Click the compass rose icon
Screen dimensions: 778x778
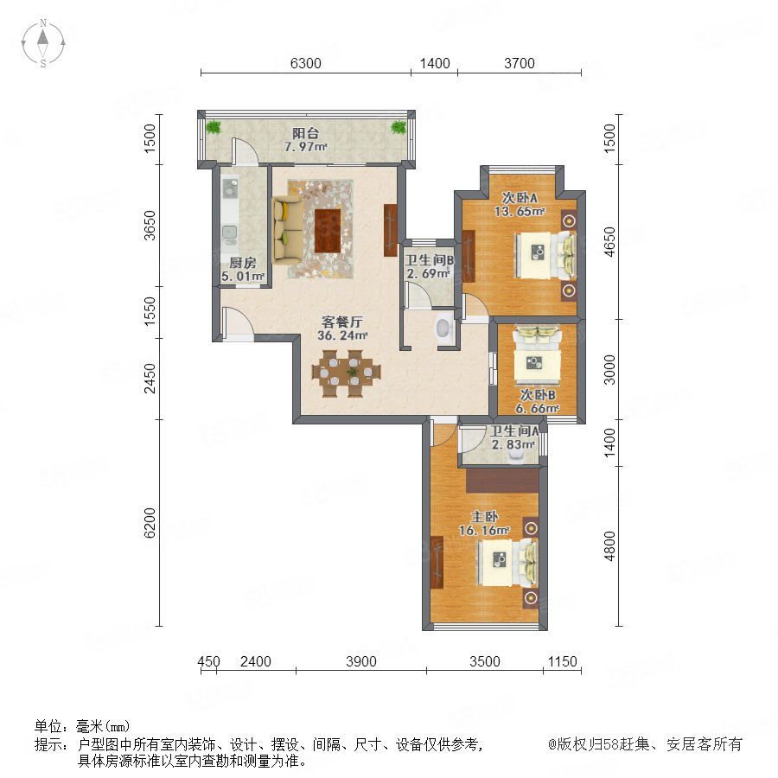tap(43, 43)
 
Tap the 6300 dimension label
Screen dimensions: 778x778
tap(306, 63)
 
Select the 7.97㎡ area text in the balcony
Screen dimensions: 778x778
tap(306, 147)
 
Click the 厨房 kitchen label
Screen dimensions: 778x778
tap(243, 263)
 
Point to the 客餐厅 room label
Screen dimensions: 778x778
tap(342, 322)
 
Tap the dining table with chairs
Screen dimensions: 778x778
tap(347, 373)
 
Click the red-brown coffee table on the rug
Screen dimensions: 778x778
tap(328, 231)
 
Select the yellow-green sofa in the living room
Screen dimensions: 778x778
tap(288, 229)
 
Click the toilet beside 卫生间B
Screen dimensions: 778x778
tap(443, 328)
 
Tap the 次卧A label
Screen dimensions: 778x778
tap(520, 197)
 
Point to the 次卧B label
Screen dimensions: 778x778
tap(538, 395)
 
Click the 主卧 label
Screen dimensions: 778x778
tap(484, 517)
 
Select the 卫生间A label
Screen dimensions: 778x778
tap(514, 430)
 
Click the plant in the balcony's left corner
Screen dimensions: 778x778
tap(214, 128)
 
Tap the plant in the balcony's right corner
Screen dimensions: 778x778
tap(399, 128)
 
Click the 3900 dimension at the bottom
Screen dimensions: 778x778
tap(361, 661)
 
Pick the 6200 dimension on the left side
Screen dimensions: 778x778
tap(150, 523)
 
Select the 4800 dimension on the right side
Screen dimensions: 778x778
tap(609, 545)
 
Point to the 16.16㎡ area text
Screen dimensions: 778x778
tap(484, 531)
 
